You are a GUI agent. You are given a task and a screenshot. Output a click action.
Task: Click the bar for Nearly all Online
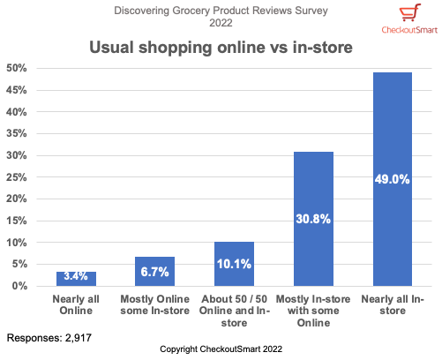click(x=77, y=279)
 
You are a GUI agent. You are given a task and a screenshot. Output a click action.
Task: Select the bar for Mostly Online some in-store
click(x=154, y=272)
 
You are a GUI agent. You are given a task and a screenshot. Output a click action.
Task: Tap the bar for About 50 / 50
click(x=233, y=264)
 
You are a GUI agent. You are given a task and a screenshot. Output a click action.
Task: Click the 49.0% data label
click(x=392, y=179)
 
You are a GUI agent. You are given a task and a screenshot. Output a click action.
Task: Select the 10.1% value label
click(x=233, y=264)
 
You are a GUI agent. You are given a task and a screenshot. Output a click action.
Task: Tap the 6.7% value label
click(x=154, y=272)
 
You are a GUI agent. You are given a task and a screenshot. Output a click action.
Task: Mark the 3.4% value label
click(x=77, y=279)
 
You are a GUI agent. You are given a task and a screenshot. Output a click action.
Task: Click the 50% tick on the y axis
click(x=17, y=68)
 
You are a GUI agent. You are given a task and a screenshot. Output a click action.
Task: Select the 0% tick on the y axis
click(x=19, y=286)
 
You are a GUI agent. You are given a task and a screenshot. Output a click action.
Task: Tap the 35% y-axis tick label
click(x=17, y=133)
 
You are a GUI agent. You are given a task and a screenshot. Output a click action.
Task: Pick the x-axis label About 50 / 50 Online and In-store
click(x=233, y=311)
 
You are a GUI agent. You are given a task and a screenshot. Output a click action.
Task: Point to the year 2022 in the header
click(x=221, y=23)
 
